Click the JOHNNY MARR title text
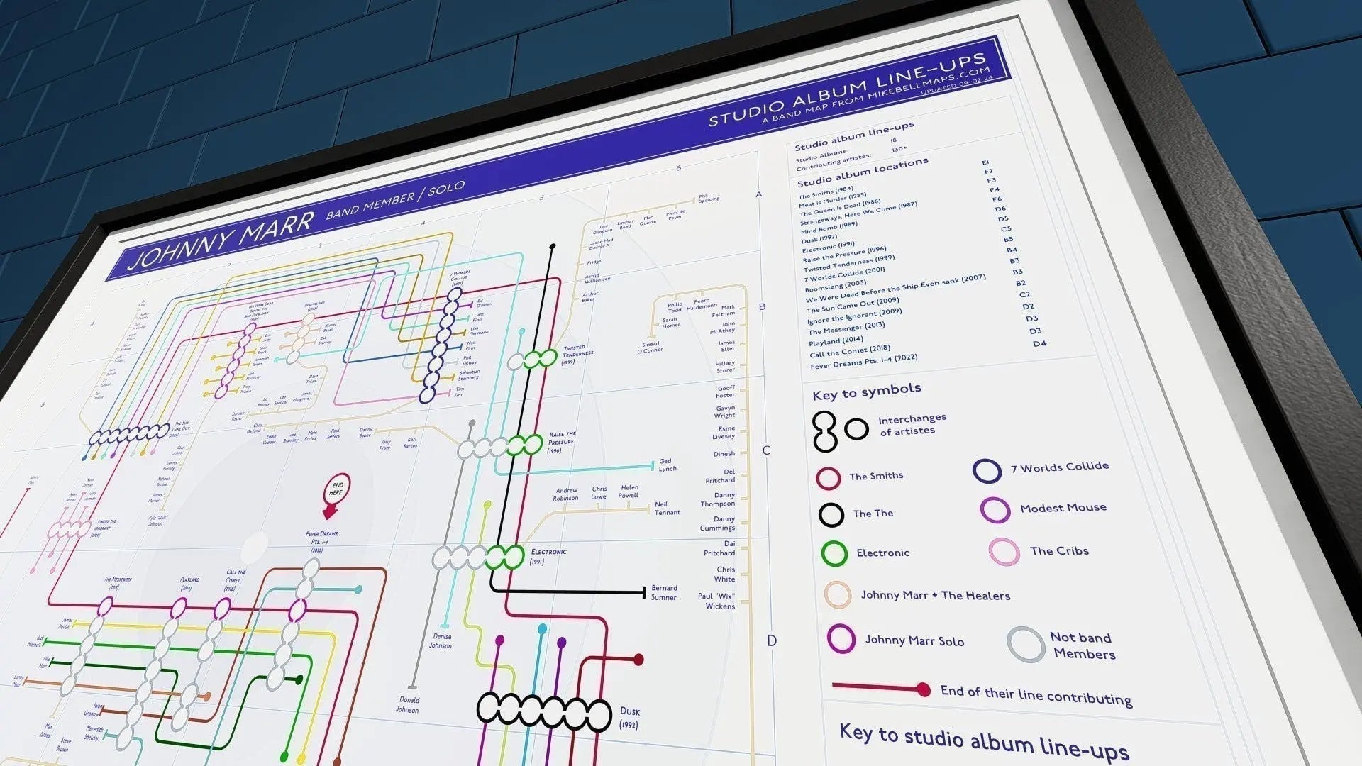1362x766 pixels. [220, 240]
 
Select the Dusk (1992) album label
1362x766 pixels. [629, 717]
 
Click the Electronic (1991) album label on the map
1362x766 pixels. [548, 556]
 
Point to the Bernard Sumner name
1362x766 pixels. [664, 592]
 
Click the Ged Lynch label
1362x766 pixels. [667, 465]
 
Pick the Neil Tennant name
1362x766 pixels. [667, 508]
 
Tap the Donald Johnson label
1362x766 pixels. [407, 704]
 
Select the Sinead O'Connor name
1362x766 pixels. [650, 345]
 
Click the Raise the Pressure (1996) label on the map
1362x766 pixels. [562, 442]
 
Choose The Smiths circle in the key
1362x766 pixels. [828, 478]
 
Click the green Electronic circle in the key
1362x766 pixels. [834, 553]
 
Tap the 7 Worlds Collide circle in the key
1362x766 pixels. [987, 470]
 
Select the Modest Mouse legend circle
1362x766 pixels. [995, 510]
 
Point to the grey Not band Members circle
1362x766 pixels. [1025, 644]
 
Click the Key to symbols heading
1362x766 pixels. [867, 392]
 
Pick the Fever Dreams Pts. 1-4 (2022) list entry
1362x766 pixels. [863, 360]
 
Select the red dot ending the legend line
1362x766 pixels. [923, 689]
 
